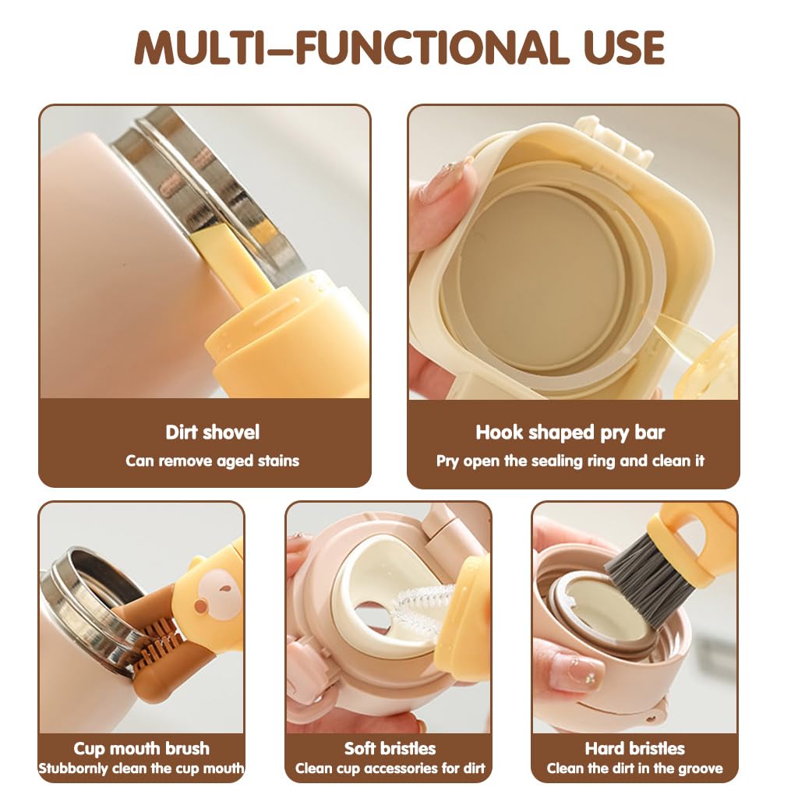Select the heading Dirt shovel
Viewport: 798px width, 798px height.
point(212,433)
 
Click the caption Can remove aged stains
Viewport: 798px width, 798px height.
point(212,461)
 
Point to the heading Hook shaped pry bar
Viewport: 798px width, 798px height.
point(570,433)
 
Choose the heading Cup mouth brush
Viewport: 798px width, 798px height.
point(142,749)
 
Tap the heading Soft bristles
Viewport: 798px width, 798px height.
point(390,749)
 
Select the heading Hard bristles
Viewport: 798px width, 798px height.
point(634,749)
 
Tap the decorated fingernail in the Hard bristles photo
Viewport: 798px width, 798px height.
point(575,672)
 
